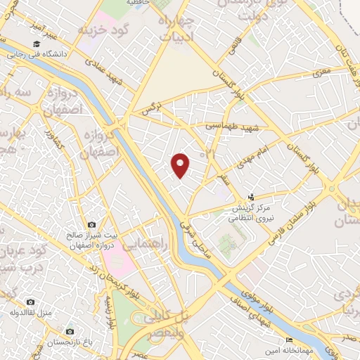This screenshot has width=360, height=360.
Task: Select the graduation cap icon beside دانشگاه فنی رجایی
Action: (x=12, y=53)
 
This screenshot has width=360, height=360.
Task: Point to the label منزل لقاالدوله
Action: (x=32, y=311)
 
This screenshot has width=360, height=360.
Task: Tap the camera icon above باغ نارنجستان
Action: (x=69, y=331)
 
